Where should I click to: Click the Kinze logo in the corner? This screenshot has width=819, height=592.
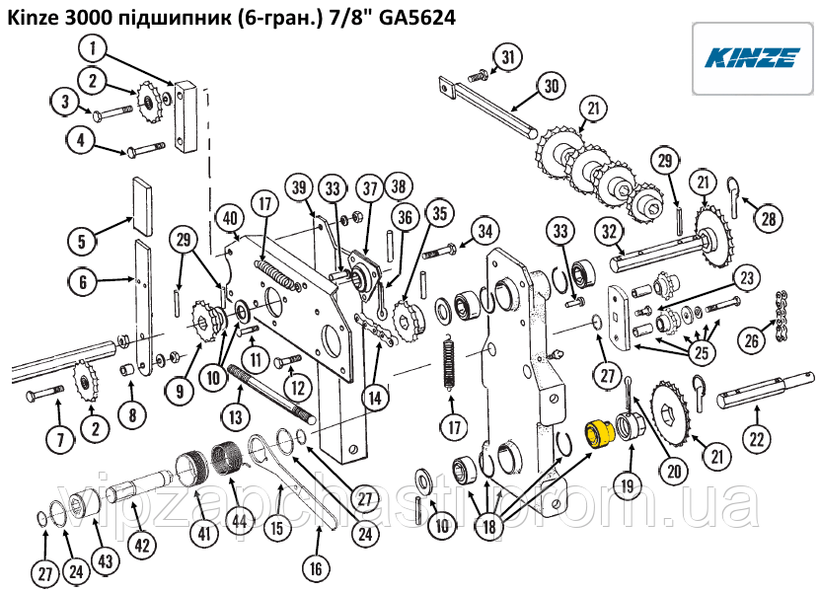(x=752, y=57)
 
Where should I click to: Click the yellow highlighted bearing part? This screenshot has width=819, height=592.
(x=597, y=433)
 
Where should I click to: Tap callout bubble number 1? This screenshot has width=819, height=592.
(x=95, y=47)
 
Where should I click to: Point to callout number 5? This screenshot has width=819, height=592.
(x=84, y=240)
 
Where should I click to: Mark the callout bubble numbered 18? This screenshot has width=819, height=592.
(x=490, y=528)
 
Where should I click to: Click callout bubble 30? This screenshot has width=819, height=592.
(x=551, y=86)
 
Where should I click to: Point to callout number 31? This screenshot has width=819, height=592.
(x=505, y=58)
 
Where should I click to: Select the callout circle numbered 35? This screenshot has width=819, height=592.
(x=438, y=212)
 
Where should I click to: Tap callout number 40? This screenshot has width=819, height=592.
(x=229, y=218)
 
